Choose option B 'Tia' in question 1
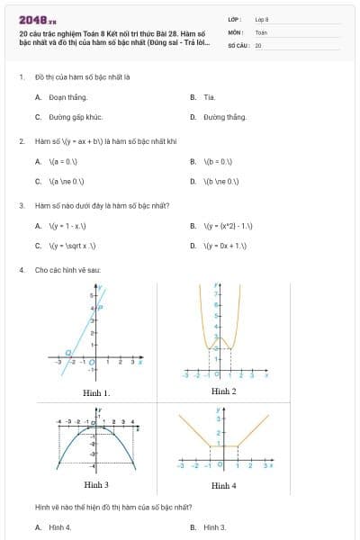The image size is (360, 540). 209,96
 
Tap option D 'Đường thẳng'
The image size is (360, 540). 224,117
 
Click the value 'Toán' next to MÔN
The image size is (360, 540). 262,31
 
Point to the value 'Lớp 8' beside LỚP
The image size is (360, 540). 262,18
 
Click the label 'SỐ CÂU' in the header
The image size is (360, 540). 237,43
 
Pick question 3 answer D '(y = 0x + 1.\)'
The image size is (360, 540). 225,246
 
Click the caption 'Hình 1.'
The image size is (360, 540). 96,393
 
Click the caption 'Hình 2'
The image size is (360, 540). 223,391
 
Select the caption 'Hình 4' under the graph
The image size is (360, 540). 223,485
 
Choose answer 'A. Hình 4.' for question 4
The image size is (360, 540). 59,526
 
